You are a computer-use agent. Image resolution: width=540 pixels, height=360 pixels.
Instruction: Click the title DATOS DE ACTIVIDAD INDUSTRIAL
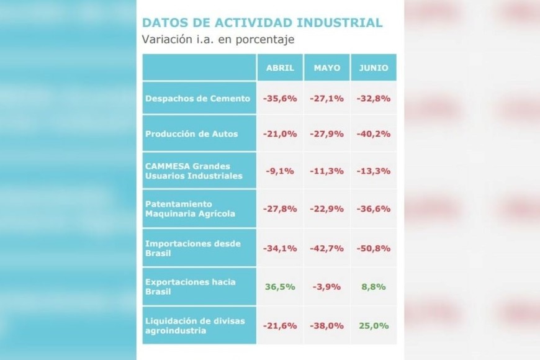(262, 23)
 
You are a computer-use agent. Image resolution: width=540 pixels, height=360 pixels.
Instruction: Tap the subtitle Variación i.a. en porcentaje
(218, 40)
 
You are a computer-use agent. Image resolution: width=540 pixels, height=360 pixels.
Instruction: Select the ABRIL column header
(280, 68)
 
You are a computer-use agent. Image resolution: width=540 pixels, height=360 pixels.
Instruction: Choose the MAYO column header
(327, 68)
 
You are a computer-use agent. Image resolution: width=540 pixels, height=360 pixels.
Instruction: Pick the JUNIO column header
(373, 68)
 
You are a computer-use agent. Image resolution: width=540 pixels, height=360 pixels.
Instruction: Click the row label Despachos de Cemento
(197, 98)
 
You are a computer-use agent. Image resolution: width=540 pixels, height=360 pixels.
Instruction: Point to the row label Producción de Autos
(191, 133)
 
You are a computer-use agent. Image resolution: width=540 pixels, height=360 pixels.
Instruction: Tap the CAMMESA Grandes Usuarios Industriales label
(194, 171)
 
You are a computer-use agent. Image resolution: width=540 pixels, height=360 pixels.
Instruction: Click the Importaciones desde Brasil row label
(192, 247)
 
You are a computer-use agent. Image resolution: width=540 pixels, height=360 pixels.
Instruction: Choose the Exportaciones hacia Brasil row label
(190, 287)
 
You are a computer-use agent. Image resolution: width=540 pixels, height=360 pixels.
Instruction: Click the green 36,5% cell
(280, 287)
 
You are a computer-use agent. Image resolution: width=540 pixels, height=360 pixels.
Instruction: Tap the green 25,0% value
(373, 325)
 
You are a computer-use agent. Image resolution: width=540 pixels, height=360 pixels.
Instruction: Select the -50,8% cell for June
(373, 248)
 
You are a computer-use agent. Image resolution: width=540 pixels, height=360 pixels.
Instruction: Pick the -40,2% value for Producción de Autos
(373, 134)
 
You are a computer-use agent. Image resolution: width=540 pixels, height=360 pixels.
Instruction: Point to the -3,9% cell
(327, 287)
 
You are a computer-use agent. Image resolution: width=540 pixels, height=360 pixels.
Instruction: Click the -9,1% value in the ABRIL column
(280, 172)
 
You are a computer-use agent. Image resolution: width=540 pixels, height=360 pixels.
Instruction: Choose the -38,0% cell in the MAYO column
(327, 325)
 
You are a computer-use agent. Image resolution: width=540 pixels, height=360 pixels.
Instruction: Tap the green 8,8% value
(373, 287)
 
